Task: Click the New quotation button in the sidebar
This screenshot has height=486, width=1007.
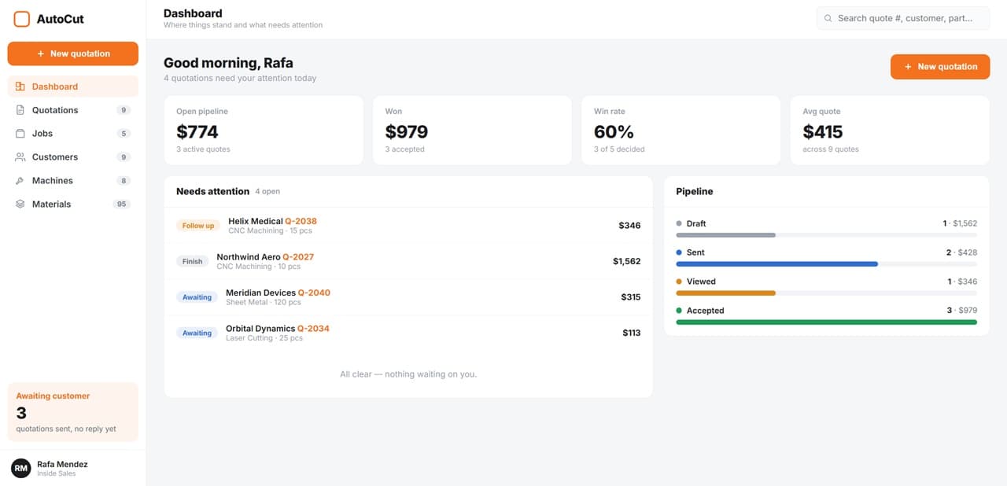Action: [73, 53]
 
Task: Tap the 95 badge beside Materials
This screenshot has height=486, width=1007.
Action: [121, 204]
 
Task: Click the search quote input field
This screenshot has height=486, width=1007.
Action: [903, 18]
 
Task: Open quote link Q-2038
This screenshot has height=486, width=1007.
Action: [301, 221]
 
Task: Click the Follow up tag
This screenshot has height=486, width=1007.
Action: [197, 226]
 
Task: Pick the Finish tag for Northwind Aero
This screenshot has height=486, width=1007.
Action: [192, 261]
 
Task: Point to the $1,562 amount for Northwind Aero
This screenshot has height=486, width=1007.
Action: [626, 261]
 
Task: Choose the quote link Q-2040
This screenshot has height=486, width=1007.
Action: [314, 293]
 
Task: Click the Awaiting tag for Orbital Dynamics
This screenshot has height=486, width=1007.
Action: [197, 333]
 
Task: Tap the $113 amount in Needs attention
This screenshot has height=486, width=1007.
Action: [631, 333]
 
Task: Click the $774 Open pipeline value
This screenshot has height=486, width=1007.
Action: [197, 131]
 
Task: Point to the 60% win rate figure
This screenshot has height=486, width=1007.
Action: [614, 131]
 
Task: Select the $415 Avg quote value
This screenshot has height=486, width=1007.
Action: [822, 131]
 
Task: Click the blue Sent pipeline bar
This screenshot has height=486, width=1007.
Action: [776, 264]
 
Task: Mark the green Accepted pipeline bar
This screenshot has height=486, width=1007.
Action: [826, 322]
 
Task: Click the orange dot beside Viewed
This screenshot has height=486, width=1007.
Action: [679, 282]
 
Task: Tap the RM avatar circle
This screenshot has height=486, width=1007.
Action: [21, 468]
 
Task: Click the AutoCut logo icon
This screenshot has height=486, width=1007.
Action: [21, 19]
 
